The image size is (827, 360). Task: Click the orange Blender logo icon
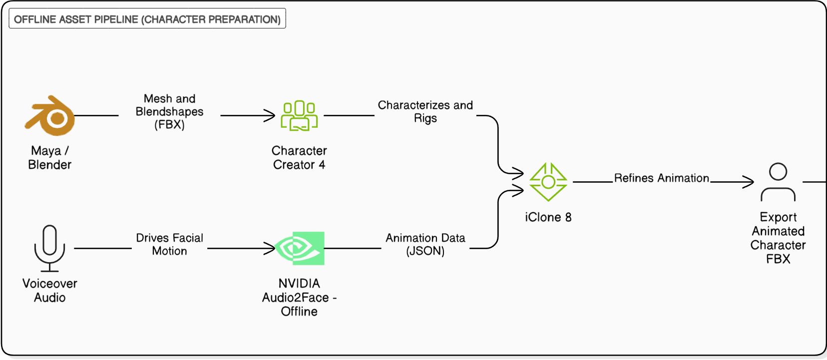tap(50, 115)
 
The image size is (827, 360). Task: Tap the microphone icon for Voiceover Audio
tap(49, 248)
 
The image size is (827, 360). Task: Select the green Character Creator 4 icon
tap(299, 115)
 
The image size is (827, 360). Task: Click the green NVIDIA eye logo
tap(301, 248)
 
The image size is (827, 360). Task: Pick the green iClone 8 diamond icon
tap(548, 182)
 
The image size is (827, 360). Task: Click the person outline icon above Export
tap(778, 182)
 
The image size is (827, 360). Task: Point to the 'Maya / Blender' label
tap(49, 158)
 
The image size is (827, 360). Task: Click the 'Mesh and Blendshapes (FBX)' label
tap(169, 111)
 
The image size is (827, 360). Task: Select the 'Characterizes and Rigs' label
tap(425, 111)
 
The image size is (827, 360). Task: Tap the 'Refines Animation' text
tap(661, 178)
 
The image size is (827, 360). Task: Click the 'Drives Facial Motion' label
tap(169, 244)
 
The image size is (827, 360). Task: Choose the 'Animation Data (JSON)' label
tap(425, 244)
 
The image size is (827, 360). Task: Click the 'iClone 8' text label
tap(548, 217)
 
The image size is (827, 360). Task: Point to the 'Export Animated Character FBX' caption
tap(778, 238)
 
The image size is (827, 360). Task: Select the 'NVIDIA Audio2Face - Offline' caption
tap(299, 297)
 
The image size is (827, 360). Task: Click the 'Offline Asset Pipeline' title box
tap(147, 19)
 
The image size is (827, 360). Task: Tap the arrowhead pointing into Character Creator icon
tap(271, 115)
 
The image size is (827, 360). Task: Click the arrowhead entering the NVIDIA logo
tap(271, 248)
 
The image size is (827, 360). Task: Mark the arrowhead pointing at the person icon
tap(750, 182)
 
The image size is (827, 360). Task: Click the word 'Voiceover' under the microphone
tap(49, 283)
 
